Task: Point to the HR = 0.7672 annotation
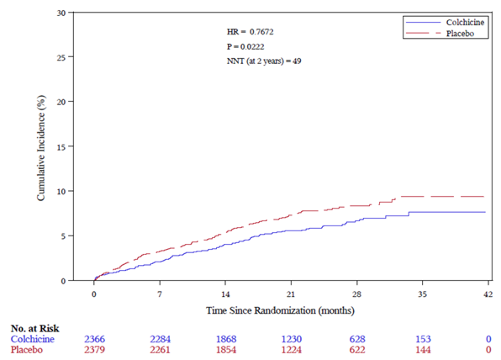(x=250, y=32)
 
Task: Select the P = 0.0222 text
(x=246, y=47)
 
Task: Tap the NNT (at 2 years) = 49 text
(x=264, y=61)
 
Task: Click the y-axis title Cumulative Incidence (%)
(x=41, y=148)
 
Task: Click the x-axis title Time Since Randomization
(x=280, y=310)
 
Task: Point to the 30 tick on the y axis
(x=61, y=13)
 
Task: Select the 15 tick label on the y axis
(x=61, y=147)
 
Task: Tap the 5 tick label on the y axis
(x=63, y=236)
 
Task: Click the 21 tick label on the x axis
(x=291, y=294)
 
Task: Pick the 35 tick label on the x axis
(x=422, y=294)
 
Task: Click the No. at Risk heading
(x=35, y=328)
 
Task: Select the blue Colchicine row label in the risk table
(x=32, y=339)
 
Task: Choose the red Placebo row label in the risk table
(x=27, y=350)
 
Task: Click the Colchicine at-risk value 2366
(x=95, y=339)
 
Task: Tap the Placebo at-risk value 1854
(x=226, y=350)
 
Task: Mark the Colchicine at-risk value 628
(x=357, y=339)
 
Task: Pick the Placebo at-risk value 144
(x=423, y=350)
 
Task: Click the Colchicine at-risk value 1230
(x=291, y=339)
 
